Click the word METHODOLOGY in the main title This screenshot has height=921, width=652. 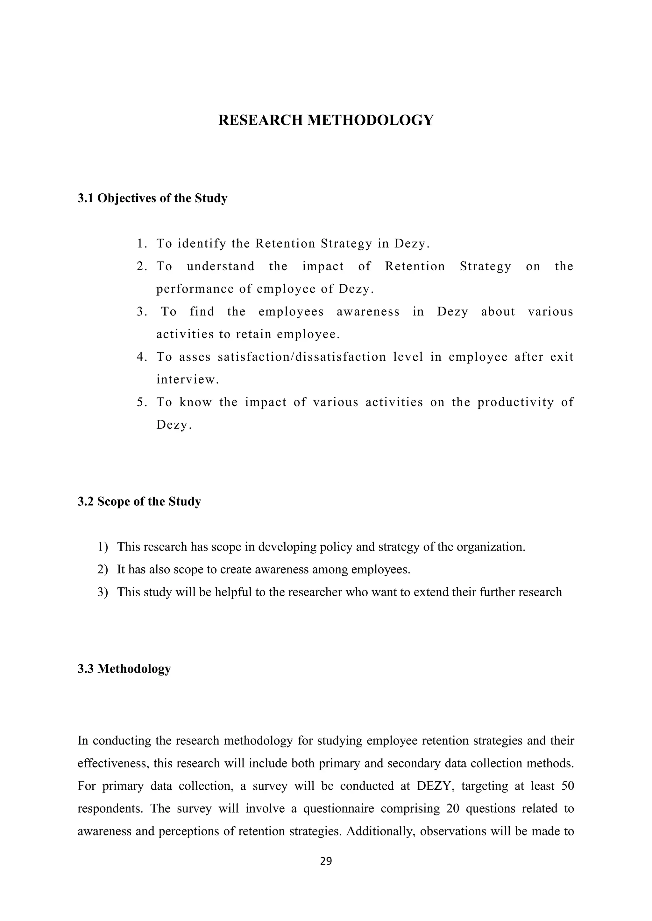(x=370, y=120)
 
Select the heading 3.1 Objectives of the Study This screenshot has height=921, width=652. (x=152, y=198)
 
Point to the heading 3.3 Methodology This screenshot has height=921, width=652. (x=124, y=669)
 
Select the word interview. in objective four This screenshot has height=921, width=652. (x=188, y=379)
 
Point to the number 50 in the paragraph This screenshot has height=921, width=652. (x=567, y=786)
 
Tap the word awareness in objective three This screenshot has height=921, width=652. (x=368, y=312)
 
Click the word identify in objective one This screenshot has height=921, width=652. (x=202, y=244)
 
